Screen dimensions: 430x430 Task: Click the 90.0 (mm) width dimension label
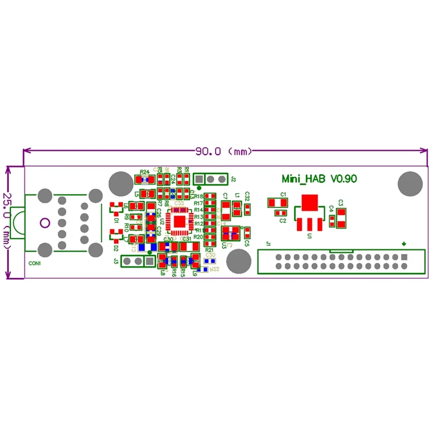coord(224,151)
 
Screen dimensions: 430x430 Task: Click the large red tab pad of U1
coord(309,202)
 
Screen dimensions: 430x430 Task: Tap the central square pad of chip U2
coord(179,222)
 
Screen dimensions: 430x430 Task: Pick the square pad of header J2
coord(200,178)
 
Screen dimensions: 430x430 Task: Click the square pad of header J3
coord(149,261)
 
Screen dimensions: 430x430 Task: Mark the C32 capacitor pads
coord(247,209)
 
